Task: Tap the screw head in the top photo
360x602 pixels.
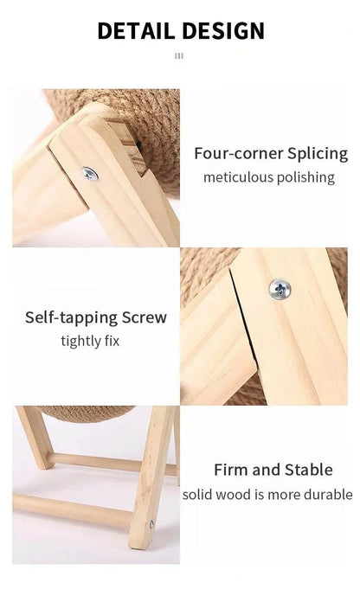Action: [x=90, y=174]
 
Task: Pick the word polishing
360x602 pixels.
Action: [x=307, y=177]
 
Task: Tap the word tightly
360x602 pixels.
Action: [x=81, y=341]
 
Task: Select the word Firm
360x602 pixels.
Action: [x=232, y=471]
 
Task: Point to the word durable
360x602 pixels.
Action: [x=326, y=495]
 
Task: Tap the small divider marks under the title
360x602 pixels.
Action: [x=179, y=57]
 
